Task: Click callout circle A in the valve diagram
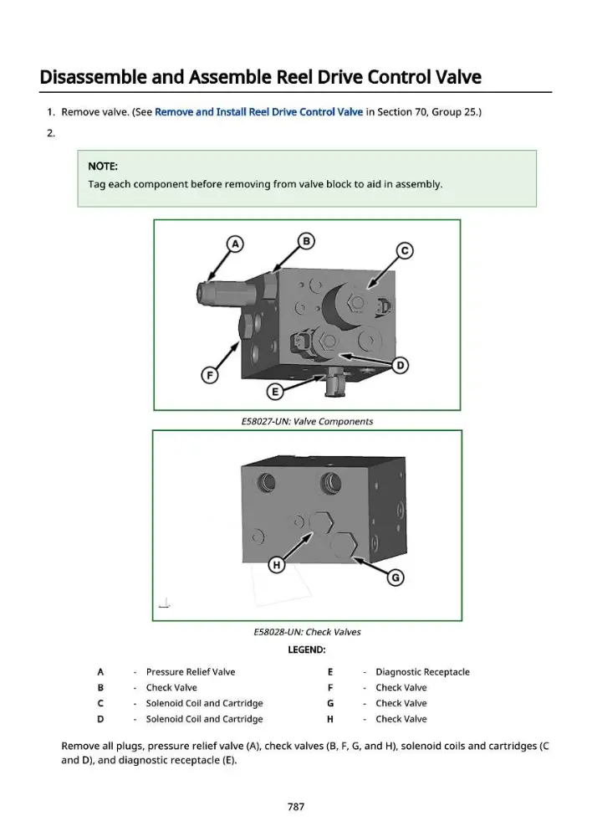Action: pos(235,244)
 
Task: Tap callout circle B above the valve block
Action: pos(306,241)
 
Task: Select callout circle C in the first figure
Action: pos(405,251)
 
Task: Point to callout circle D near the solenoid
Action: pos(400,366)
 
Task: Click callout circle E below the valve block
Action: pos(274,393)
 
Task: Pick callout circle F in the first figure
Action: pos(210,375)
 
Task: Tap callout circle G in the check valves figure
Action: pos(396,578)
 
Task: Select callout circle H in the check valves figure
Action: pos(276,565)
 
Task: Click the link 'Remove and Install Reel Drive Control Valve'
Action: pos(258,112)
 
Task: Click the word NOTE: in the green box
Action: pos(103,166)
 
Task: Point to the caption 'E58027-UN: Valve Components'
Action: pos(307,421)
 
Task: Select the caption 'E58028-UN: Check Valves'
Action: pos(307,632)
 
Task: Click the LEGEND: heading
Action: pos(307,650)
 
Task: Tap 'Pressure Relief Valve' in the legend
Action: pos(191,672)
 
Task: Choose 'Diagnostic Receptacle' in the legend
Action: pos(422,672)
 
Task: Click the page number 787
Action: pos(296,807)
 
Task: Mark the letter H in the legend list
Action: pos(330,719)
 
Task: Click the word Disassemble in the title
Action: pos(94,77)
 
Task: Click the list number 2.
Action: pos(51,133)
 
